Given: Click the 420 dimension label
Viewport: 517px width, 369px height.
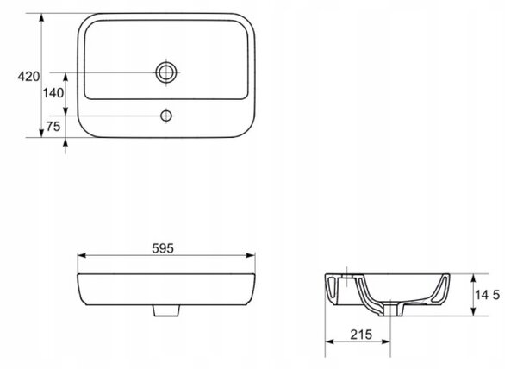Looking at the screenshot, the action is (x=28, y=77).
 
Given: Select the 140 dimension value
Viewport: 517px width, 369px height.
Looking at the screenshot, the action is (x=53, y=93).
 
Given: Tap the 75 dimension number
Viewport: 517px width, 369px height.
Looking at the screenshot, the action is (x=53, y=126).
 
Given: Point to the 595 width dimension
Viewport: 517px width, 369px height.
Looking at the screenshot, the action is (x=163, y=248).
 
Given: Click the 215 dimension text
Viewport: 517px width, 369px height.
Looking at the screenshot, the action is (x=361, y=335).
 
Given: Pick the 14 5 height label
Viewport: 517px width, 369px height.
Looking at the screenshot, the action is (x=488, y=295).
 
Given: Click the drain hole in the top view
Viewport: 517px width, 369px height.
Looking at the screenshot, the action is (x=166, y=72).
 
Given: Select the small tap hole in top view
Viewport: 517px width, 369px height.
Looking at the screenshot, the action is (x=166, y=116).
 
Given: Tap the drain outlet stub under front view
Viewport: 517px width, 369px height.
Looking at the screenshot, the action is (x=166, y=310).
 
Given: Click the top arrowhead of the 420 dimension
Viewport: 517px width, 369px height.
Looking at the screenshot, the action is (x=41, y=17).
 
